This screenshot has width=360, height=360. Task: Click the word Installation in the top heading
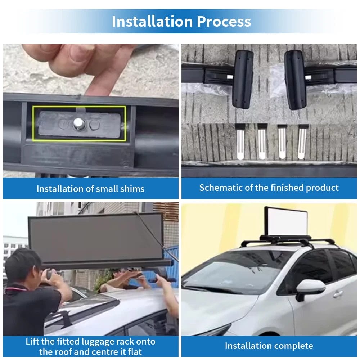pos(152,21)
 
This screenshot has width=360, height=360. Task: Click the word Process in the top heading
pos(224,21)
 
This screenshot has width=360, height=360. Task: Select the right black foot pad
pos(296,80)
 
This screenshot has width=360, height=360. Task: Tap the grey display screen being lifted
pos(96,239)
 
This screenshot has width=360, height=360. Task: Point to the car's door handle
pos(338,294)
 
